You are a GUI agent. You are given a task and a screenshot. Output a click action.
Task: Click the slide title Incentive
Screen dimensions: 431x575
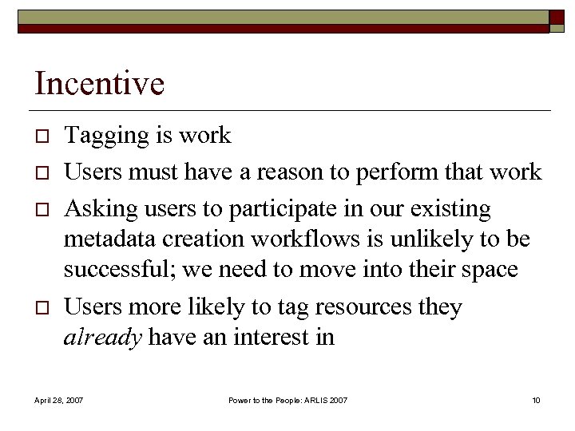[99, 84]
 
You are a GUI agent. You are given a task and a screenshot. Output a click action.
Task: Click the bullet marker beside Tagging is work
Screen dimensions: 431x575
[41, 136]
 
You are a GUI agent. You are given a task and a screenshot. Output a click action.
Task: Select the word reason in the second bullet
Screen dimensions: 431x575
[311, 172]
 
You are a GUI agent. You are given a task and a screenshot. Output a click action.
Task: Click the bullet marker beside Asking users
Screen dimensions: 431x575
[41, 210]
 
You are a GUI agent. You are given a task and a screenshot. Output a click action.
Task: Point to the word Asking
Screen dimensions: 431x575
[95, 209]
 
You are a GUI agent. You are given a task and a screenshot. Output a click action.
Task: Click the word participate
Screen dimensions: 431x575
[271, 210]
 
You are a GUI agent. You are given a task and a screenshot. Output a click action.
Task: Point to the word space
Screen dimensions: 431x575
[485, 271]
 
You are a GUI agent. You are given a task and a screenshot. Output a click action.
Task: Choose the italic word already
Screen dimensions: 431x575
[102, 338]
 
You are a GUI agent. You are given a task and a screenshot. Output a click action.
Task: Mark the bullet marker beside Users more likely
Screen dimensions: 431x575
[41, 308]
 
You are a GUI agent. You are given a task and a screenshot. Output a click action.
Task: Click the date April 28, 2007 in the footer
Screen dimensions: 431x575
[58, 399]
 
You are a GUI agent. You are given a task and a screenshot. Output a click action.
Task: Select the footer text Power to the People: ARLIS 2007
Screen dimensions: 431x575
[287, 399]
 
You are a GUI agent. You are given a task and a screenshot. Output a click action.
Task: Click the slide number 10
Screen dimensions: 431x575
[535, 399]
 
